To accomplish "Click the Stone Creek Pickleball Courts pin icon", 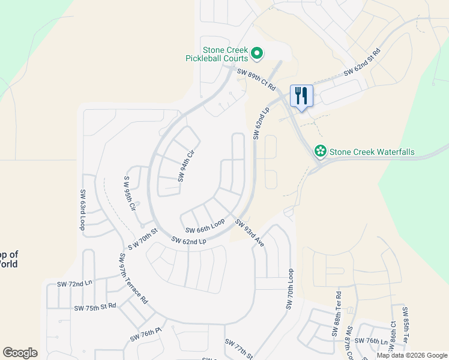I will click(257, 54).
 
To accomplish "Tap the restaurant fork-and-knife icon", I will click(301, 95).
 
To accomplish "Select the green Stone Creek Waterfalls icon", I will click(321, 152).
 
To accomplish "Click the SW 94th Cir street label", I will click(187, 166).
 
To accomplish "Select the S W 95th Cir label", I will click(130, 193).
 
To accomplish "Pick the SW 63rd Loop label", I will click(83, 210).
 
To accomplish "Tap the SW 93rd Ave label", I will click(250, 233).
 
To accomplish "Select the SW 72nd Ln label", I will click(75, 283).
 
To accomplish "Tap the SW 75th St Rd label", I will click(95, 308).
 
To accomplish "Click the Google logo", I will click(20, 353).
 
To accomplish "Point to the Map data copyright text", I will click(412, 355).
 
